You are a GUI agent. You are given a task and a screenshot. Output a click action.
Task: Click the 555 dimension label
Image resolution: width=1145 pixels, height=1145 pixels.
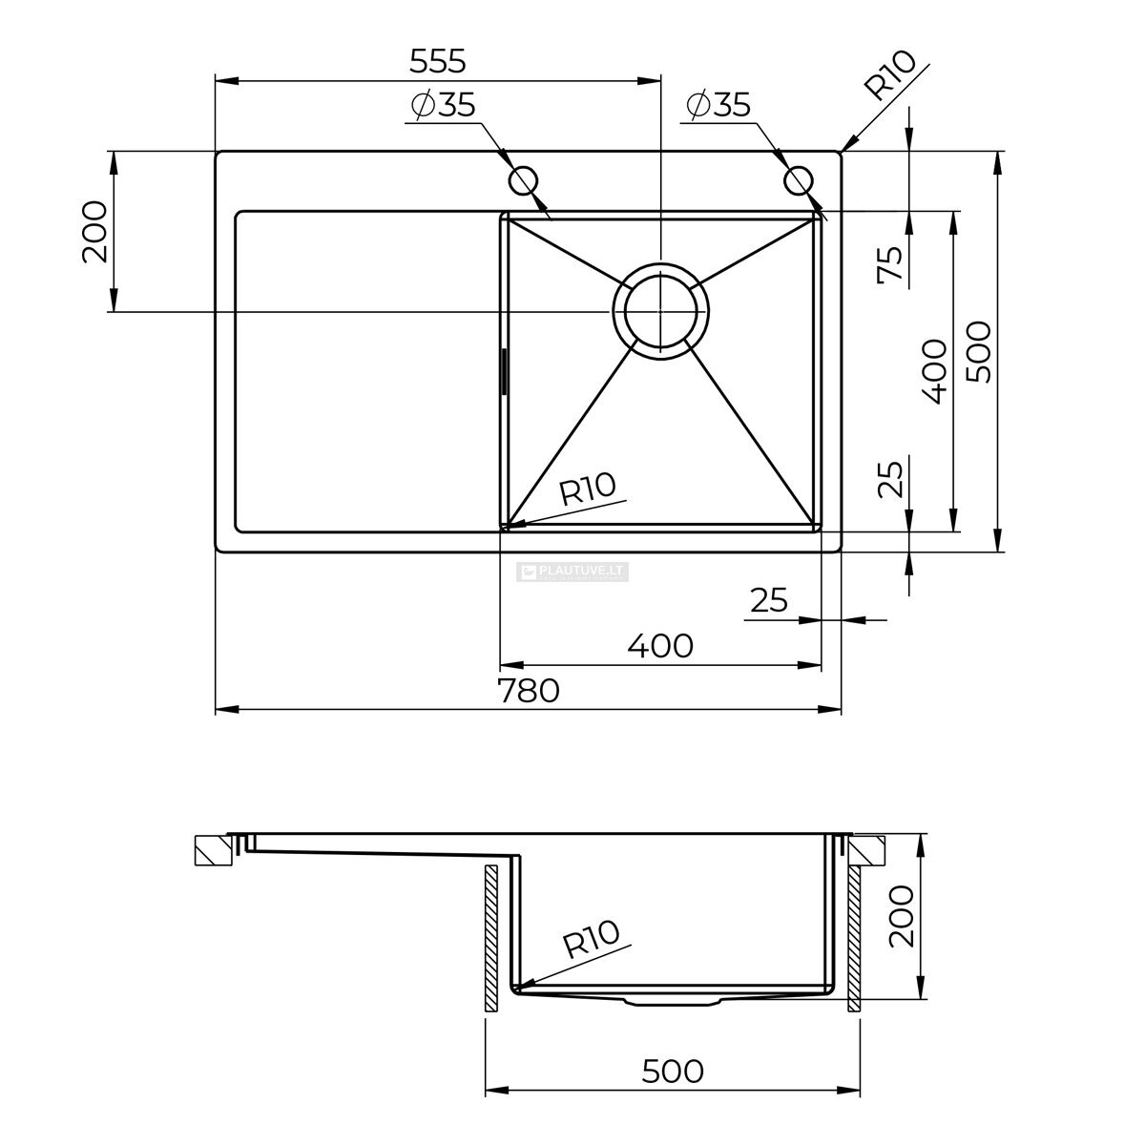click(x=437, y=61)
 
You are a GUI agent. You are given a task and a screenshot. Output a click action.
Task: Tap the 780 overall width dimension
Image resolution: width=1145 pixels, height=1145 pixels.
click(x=529, y=691)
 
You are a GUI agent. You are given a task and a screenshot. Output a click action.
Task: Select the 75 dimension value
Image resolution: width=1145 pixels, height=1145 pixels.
click(x=890, y=263)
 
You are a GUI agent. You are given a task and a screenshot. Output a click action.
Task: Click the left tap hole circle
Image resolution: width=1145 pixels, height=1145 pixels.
click(x=524, y=180)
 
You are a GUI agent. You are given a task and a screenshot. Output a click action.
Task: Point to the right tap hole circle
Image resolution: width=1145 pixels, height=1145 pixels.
click(x=798, y=180)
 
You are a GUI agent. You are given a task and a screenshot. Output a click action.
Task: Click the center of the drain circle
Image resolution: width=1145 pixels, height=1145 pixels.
click(x=660, y=311)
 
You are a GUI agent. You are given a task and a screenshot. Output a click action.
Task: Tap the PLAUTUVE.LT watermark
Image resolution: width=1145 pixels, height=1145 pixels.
click(x=572, y=572)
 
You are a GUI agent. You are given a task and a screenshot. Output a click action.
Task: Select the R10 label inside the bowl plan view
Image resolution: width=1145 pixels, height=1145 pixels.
click(x=588, y=489)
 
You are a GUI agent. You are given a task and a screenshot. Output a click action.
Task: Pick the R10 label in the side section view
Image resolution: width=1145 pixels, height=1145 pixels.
click(x=591, y=939)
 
